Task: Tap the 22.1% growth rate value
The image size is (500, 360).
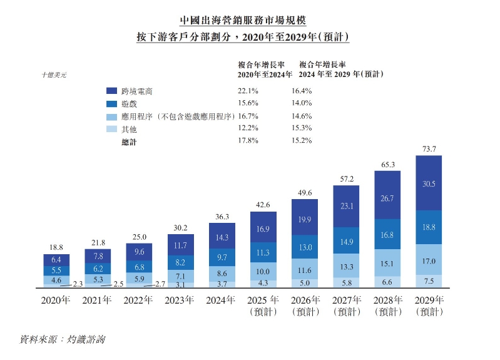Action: pos(248,91)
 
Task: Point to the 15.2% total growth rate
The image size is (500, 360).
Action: pos(302,140)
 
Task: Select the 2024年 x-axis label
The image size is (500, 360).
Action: pos(222,299)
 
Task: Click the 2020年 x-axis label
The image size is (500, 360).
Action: pos(56,299)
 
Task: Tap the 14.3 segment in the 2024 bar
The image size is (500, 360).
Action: pos(222,238)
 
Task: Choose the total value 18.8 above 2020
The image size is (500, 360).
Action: pos(56,247)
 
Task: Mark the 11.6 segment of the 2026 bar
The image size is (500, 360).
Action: pos(305,270)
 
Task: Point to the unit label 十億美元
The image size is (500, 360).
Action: pos(53,75)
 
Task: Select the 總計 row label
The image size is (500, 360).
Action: pos(129,142)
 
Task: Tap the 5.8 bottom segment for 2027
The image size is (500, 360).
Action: pos(346,282)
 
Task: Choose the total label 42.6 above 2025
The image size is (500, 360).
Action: pos(263,204)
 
